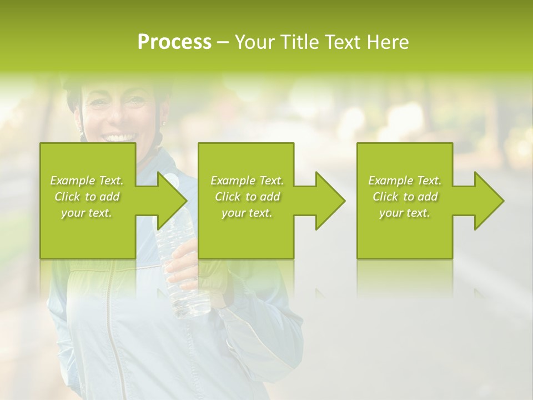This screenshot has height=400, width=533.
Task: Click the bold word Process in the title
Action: point(174,42)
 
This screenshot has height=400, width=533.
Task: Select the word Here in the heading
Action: point(388,42)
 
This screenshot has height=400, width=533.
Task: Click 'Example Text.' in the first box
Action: point(87,181)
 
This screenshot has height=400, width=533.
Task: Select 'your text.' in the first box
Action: point(87,213)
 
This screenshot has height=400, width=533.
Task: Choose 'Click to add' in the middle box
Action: point(247,197)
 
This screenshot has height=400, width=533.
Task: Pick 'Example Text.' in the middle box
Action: point(247,181)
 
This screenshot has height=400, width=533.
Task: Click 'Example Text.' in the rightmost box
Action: point(405,181)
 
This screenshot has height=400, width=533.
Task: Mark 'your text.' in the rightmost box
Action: point(405,213)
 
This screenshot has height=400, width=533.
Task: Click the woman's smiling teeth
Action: point(121,137)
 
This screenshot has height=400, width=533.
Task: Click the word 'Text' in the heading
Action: point(343,42)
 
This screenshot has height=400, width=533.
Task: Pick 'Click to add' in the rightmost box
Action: point(405,197)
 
